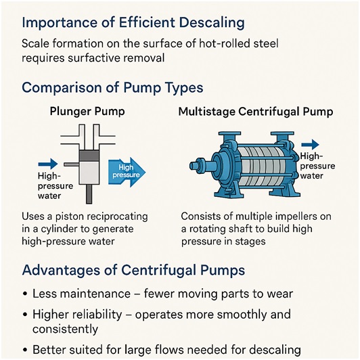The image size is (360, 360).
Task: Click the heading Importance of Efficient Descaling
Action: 133,24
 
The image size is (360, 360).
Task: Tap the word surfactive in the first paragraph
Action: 93,58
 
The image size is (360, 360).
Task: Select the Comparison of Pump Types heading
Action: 112,88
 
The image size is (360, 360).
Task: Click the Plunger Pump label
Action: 87,112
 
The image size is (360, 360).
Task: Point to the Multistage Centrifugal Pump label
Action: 256,112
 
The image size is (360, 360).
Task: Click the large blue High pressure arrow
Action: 127,172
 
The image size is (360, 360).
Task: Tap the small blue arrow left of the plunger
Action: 48,164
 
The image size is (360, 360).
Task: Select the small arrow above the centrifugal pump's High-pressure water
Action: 310,145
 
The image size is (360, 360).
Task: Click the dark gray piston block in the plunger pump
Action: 89,156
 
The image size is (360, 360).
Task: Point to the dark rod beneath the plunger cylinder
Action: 89,194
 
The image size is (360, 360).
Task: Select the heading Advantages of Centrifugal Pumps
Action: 133,270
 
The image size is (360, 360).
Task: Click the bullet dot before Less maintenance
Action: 25,294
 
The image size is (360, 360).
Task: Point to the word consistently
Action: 65,329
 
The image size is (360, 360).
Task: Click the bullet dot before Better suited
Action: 25,350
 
